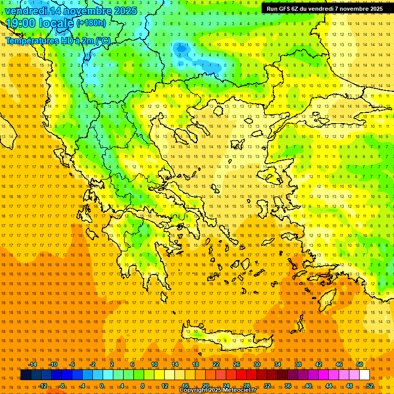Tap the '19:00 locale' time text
40,23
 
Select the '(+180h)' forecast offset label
91,23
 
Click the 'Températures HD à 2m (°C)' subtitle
58,41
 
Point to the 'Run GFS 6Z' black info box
324,9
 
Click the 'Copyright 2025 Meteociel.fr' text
218,390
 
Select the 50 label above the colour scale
360,364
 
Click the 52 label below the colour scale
370,386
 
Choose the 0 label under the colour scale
102,386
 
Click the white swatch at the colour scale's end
365,375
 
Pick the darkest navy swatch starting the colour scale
26,375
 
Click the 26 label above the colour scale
237,364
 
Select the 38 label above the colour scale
298,364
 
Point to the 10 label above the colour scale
154,364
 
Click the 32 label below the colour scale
267,386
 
